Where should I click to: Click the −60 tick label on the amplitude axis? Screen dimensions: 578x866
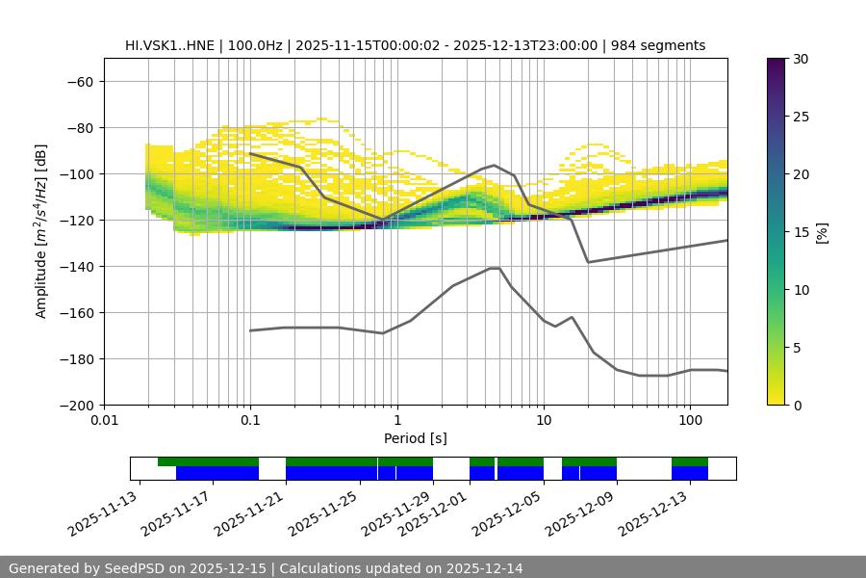tap(79, 82)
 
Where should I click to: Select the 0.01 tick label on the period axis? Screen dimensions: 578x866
tap(104, 421)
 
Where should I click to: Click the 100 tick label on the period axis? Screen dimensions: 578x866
tap(690, 421)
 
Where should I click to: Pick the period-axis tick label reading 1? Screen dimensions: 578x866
tap(396, 421)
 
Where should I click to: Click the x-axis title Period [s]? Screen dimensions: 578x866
tap(415, 438)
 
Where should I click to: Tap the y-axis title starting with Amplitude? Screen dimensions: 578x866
tap(41, 231)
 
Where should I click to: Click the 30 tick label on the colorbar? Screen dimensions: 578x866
tap(801, 59)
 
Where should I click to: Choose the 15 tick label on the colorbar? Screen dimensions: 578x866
tap(801, 232)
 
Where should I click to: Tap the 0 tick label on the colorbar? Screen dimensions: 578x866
tap(797, 406)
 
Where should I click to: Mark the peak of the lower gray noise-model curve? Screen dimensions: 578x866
tap(495, 268)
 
